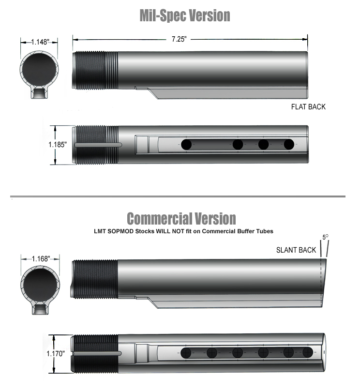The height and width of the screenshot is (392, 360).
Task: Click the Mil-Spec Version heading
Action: point(184,15)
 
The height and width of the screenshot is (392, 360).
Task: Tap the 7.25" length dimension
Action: point(179,40)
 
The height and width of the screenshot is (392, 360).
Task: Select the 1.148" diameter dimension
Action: point(40,42)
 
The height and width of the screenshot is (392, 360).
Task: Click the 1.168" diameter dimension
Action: point(41,259)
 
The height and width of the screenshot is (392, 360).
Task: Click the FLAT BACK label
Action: point(308,106)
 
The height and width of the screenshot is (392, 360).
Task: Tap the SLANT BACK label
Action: point(296,250)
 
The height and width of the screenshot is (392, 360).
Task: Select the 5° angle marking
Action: point(325,238)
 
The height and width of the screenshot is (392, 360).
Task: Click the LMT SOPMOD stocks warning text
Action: point(183,231)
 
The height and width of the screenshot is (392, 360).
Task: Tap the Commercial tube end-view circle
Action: point(41,284)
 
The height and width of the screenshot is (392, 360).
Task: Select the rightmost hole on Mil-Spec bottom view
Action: point(289,144)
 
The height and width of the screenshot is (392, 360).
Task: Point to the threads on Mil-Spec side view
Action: point(95,70)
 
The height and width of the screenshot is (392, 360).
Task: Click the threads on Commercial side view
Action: point(95,280)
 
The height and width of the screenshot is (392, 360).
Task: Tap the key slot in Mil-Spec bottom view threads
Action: point(99,145)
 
